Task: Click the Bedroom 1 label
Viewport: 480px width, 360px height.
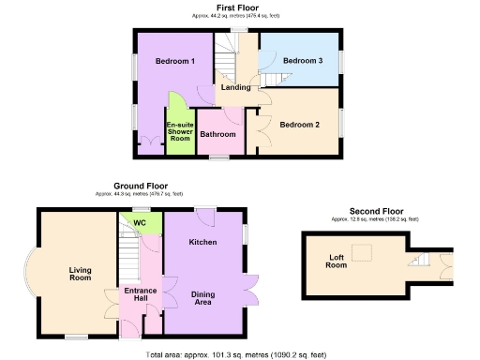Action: point(174,62)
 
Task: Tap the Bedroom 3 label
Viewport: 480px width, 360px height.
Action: point(302,61)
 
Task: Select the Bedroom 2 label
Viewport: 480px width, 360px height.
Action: point(299,124)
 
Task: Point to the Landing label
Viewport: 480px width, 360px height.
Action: point(234,88)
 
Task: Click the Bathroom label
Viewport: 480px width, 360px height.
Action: point(217,133)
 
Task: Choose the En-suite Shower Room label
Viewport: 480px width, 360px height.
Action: point(179,131)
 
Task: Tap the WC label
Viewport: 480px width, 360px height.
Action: point(139,222)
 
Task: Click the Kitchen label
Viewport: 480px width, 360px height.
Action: point(202,242)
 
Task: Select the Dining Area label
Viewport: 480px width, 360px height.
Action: point(202,299)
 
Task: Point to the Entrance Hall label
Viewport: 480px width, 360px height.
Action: point(139,295)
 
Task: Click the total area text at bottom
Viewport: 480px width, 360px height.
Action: point(236,354)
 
